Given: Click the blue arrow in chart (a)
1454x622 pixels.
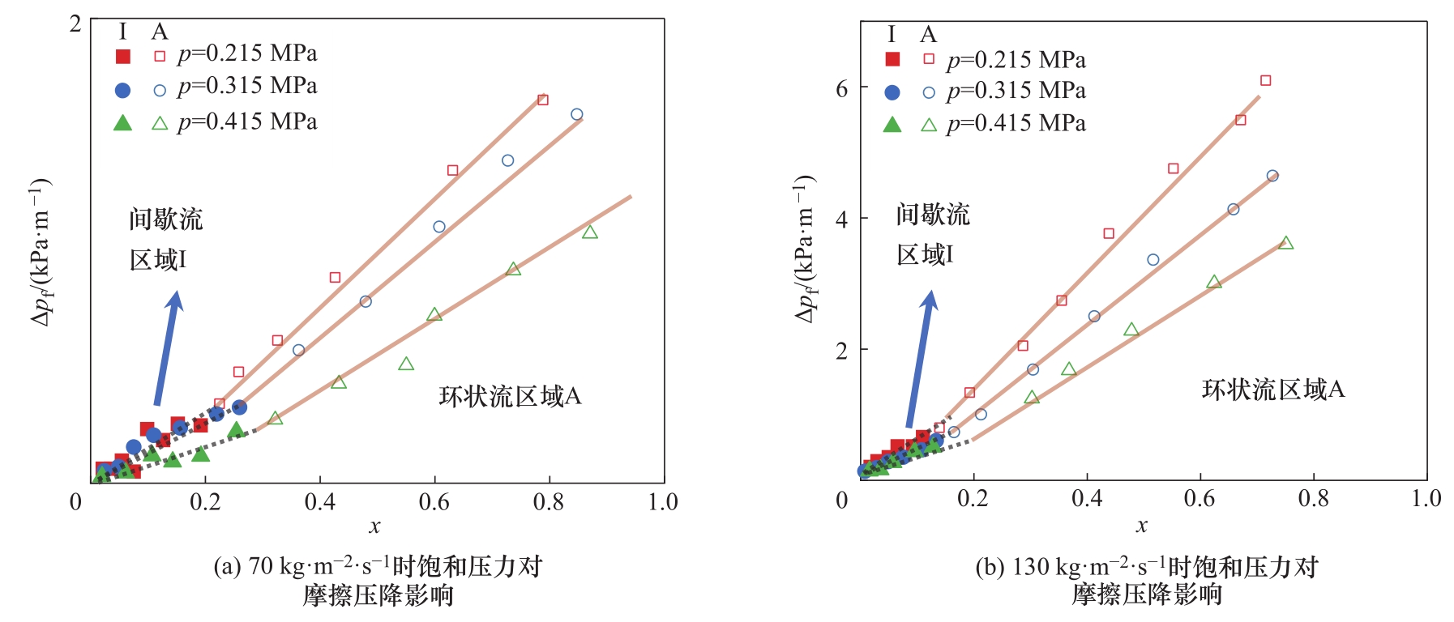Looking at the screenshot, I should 168,348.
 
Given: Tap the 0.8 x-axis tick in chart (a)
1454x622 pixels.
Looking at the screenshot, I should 549,502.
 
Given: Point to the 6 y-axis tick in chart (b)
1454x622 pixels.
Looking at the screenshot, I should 842,88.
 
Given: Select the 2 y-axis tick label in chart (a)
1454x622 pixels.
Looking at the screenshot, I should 75,23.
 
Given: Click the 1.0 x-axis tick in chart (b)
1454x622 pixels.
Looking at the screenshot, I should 1426,498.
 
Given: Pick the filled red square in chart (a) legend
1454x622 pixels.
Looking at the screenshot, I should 122,56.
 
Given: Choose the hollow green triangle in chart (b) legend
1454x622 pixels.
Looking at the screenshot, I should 929,125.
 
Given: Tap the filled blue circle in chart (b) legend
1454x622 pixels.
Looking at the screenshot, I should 892,92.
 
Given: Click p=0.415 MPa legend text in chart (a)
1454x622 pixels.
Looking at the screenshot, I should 247,121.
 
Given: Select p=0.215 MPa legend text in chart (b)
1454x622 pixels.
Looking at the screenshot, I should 1016,60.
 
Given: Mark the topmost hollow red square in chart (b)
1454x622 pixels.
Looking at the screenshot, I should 1265,80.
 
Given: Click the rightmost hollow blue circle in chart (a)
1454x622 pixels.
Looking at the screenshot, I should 576,114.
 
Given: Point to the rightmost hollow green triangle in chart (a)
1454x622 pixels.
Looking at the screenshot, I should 590,232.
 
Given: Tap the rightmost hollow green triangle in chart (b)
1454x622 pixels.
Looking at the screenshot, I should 1285,243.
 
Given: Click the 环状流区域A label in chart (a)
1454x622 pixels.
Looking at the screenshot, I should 510,396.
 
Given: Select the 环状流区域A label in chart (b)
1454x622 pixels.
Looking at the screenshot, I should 1272,390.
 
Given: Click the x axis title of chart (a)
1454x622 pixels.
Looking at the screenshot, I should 374,526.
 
